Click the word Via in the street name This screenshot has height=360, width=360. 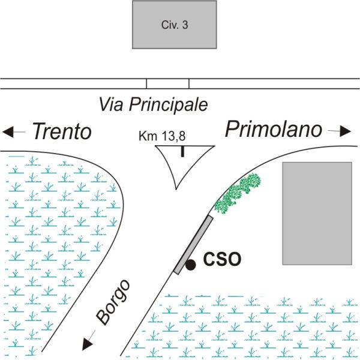111,106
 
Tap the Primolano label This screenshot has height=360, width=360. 273,129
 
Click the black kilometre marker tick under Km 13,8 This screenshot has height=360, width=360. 182,151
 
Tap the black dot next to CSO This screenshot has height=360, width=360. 191,264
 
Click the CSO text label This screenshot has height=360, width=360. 222,260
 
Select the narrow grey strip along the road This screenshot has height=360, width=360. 193,244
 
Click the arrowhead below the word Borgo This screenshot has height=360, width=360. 88,343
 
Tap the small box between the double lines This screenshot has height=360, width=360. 168,83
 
